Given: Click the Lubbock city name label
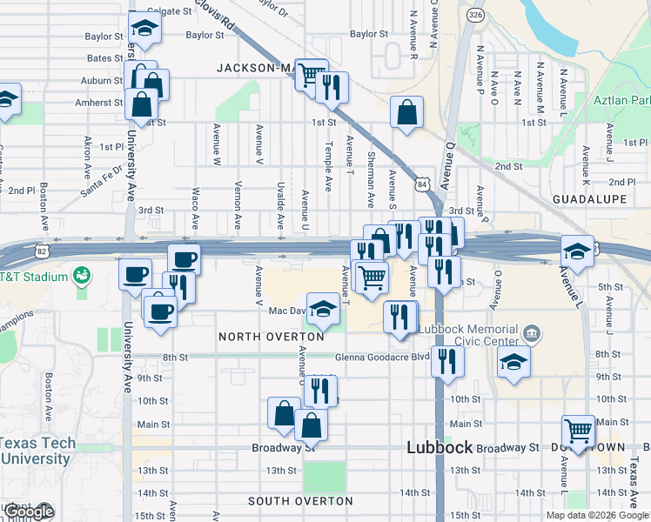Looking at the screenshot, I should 440,448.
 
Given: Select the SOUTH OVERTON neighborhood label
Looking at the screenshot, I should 300,501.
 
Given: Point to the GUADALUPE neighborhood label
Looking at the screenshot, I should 589,199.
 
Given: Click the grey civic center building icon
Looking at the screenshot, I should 530,333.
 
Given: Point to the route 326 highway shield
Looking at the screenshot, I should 474,16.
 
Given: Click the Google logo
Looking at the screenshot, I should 29,512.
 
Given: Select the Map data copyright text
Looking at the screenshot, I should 597,515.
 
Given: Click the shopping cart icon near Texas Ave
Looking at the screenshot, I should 578,430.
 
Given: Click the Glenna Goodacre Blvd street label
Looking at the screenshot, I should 383,357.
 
